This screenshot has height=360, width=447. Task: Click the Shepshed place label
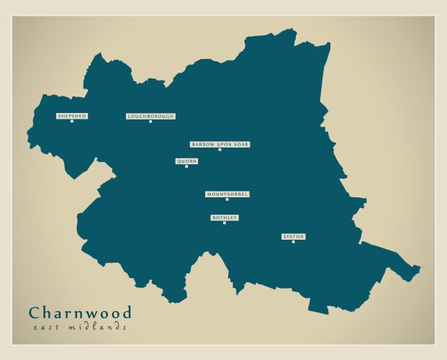[x=72, y=116]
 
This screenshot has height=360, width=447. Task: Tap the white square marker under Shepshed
[x=72, y=121]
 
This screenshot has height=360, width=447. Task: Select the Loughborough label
[x=150, y=116]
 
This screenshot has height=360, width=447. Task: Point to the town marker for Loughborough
[x=150, y=121]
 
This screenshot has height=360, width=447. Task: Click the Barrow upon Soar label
[x=220, y=145]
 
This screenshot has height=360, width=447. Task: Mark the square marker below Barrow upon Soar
[x=220, y=150]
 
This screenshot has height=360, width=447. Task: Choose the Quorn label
[x=186, y=161]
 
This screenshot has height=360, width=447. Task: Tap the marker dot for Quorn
[x=186, y=166]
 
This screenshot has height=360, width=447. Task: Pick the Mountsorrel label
[x=227, y=194]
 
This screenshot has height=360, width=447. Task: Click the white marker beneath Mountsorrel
[x=227, y=199]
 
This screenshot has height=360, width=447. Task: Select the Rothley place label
[x=225, y=217]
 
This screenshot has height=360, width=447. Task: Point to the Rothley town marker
[x=225, y=222]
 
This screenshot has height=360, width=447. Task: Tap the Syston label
[x=293, y=237]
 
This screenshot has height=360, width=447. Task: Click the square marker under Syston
[x=293, y=242]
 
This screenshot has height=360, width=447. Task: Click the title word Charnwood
[x=81, y=313]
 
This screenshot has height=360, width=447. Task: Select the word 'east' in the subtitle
[x=47, y=328]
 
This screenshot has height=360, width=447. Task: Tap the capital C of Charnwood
[x=35, y=313]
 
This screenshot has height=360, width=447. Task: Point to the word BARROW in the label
[x=203, y=145]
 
